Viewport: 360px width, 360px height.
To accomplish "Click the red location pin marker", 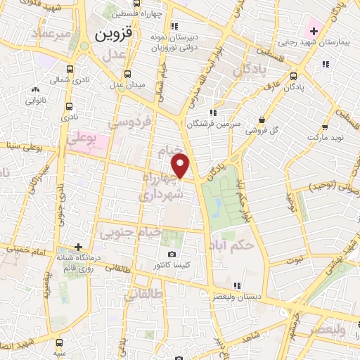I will click(x=181, y=165).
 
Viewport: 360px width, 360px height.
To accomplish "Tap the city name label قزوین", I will click(x=113, y=32).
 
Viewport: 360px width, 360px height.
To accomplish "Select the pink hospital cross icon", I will click(x=313, y=31).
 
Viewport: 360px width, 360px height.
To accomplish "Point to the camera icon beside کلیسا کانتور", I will click(x=172, y=254).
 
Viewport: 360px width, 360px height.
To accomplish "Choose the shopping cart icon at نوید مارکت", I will click(x=326, y=127).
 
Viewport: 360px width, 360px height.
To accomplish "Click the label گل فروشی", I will click(x=262, y=131).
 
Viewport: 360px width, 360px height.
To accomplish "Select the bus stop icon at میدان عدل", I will click(x=127, y=74).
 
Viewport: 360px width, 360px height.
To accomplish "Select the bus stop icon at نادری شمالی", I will click(x=69, y=70).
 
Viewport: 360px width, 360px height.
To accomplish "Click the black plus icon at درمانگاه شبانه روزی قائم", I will click(x=79, y=247).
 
